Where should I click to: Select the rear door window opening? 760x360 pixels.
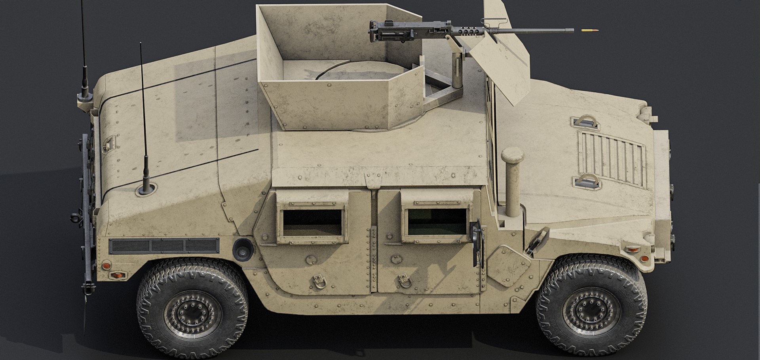[312, 223]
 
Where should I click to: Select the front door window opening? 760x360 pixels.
[437, 222]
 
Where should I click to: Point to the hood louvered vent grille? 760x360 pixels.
[612, 158]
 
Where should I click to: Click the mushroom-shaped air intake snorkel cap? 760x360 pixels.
[512, 154]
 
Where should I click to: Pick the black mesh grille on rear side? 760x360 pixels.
[163, 246]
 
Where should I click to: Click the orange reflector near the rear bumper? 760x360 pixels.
[117, 275]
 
